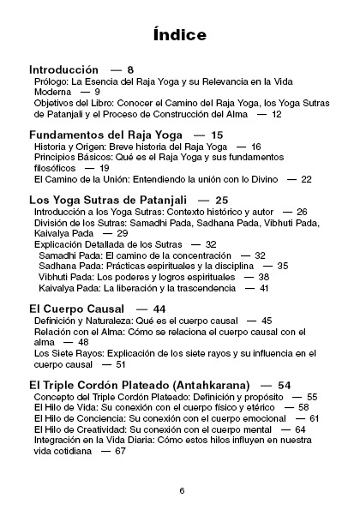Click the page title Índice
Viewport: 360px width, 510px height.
coord(180,35)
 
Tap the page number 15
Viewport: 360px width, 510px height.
coord(216,135)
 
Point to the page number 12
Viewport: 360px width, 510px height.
coord(275,113)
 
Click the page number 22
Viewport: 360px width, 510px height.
coord(306,179)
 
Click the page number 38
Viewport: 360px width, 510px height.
coord(263,277)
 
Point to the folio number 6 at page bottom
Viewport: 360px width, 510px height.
coord(182,490)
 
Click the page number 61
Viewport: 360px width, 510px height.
coord(314,418)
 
